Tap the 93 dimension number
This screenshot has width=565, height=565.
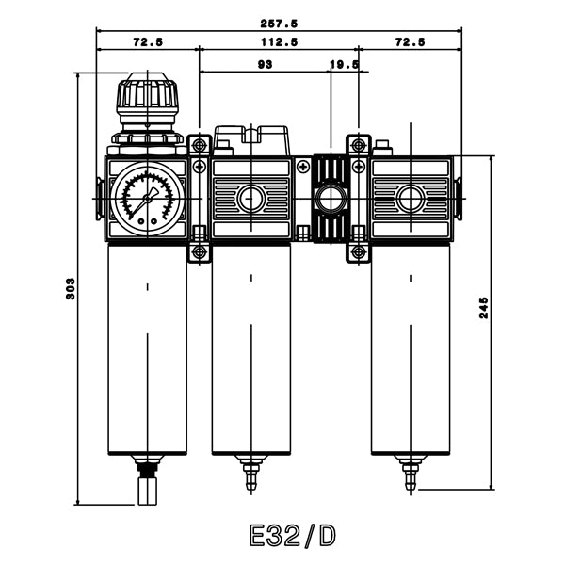coord(265,65)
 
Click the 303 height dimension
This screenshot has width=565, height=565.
coord(70,289)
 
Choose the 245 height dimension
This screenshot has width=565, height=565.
coord(483,308)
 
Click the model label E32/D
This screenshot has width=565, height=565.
coord(292,536)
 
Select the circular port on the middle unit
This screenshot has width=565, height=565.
coord(250,199)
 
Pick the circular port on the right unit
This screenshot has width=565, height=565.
coord(410,199)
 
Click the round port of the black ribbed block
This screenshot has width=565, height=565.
coord(330,199)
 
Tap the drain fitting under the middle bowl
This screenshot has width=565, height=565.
coord(250,471)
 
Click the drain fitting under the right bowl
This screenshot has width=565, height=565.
coord(410,471)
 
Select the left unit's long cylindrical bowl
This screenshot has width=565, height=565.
coord(147,348)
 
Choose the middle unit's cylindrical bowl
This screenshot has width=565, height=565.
coord(250,348)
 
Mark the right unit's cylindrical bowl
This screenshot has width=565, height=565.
coord(410,348)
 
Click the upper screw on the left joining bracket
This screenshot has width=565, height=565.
coord(199,145)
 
